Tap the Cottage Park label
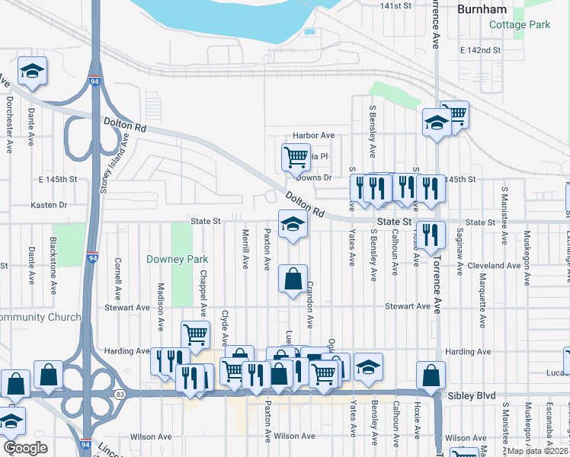520,24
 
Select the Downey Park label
178,259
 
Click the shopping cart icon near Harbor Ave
296,158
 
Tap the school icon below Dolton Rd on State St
293,225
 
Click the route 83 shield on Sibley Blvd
121,393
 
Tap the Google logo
24,448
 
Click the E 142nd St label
480,50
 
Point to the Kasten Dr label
49,205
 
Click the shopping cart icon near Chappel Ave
195,334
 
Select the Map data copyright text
537,451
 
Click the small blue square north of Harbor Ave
309,32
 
